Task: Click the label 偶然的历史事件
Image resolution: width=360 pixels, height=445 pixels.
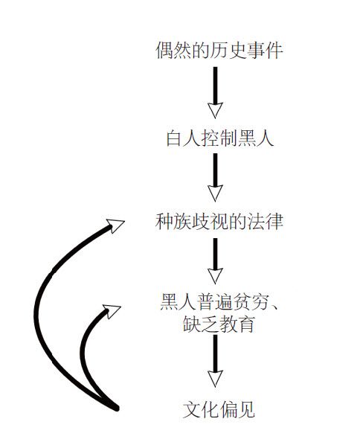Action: click(x=219, y=51)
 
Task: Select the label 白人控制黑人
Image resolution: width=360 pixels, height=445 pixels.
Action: click(x=220, y=138)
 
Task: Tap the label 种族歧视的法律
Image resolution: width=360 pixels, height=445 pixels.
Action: click(x=219, y=221)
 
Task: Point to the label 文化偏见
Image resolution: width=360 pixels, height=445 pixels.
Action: click(x=219, y=409)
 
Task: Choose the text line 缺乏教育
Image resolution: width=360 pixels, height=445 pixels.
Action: click(x=219, y=324)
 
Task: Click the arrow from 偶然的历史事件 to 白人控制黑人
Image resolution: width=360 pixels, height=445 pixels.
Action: click(x=215, y=92)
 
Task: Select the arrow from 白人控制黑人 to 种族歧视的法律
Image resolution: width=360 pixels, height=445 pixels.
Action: click(x=215, y=177)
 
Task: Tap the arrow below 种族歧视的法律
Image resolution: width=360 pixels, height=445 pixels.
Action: click(x=215, y=260)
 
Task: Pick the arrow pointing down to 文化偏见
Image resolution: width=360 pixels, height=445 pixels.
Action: click(x=215, y=361)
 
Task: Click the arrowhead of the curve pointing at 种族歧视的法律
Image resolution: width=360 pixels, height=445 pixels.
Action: click(x=115, y=225)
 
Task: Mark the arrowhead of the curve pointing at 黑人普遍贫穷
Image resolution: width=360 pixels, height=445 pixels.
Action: click(x=112, y=311)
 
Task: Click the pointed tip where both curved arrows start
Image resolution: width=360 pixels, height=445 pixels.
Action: click(x=117, y=409)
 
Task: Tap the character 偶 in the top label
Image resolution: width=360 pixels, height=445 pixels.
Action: click(x=165, y=51)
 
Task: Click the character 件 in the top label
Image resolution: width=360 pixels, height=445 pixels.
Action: click(x=274, y=51)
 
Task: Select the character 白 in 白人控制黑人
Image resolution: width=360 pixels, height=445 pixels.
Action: click(x=175, y=138)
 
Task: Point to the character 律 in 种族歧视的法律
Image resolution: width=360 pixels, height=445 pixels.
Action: click(x=274, y=221)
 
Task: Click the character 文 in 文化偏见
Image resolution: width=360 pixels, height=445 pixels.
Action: click(x=192, y=409)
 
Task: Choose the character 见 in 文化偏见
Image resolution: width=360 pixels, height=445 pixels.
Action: click(x=245, y=409)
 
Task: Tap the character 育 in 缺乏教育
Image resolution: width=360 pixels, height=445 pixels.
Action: click(x=245, y=324)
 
